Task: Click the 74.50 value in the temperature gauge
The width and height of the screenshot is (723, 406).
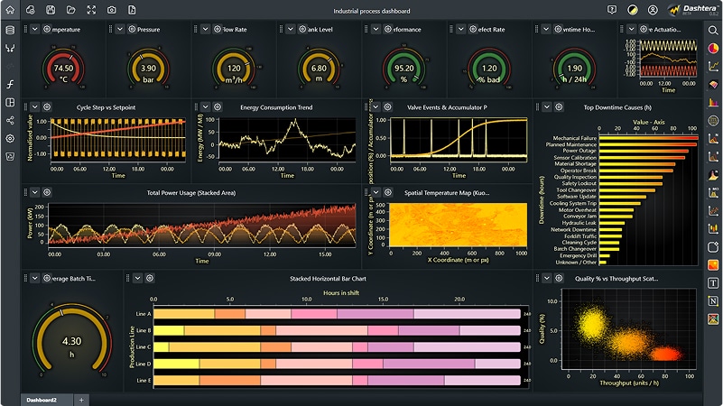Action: tap(64, 69)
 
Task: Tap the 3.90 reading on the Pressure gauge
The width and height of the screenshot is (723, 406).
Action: tap(149, 69)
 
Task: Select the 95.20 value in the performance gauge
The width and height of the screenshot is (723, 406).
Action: tap(404, 69)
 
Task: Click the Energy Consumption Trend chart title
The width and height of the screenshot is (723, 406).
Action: tap(276, 107)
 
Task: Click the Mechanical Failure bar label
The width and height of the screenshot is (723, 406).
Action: tap(574, 138)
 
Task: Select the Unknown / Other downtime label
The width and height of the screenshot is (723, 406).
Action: tap(577, 263)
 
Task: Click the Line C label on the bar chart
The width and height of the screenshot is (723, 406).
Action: tap(143, 346)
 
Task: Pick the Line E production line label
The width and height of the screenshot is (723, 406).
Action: tap(143, 381)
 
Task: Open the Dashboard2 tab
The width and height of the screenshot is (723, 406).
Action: tap(42, 400)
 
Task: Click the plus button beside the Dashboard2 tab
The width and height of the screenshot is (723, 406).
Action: tap(81, 400)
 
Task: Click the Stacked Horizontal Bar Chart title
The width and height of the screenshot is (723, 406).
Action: tap(328, 278)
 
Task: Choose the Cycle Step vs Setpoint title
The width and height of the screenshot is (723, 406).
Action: tap(107, 107)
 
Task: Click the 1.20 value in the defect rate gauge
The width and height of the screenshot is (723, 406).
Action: tap(489, 69)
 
